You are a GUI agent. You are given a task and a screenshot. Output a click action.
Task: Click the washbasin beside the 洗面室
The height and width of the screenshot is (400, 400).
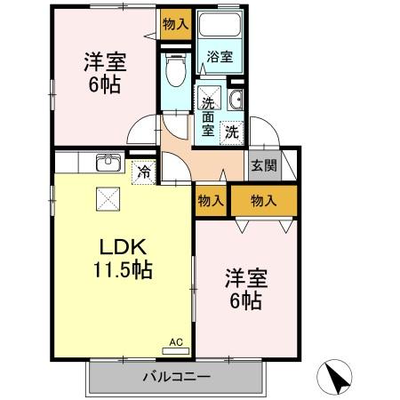(238, 98)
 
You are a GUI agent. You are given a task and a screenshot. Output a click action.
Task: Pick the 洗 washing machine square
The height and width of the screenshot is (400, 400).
(230, 132)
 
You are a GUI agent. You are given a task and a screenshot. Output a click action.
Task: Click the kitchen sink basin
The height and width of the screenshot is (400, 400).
(108, 163)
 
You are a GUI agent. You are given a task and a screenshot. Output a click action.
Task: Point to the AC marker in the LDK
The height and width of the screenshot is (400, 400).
(175, 340)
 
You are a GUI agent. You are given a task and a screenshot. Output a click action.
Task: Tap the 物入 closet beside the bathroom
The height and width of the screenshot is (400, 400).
(175, 24)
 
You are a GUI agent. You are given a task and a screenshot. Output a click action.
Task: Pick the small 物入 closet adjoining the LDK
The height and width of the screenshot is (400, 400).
(211, 202)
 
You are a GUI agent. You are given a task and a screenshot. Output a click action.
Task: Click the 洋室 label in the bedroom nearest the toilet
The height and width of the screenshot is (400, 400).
(105, 64)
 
